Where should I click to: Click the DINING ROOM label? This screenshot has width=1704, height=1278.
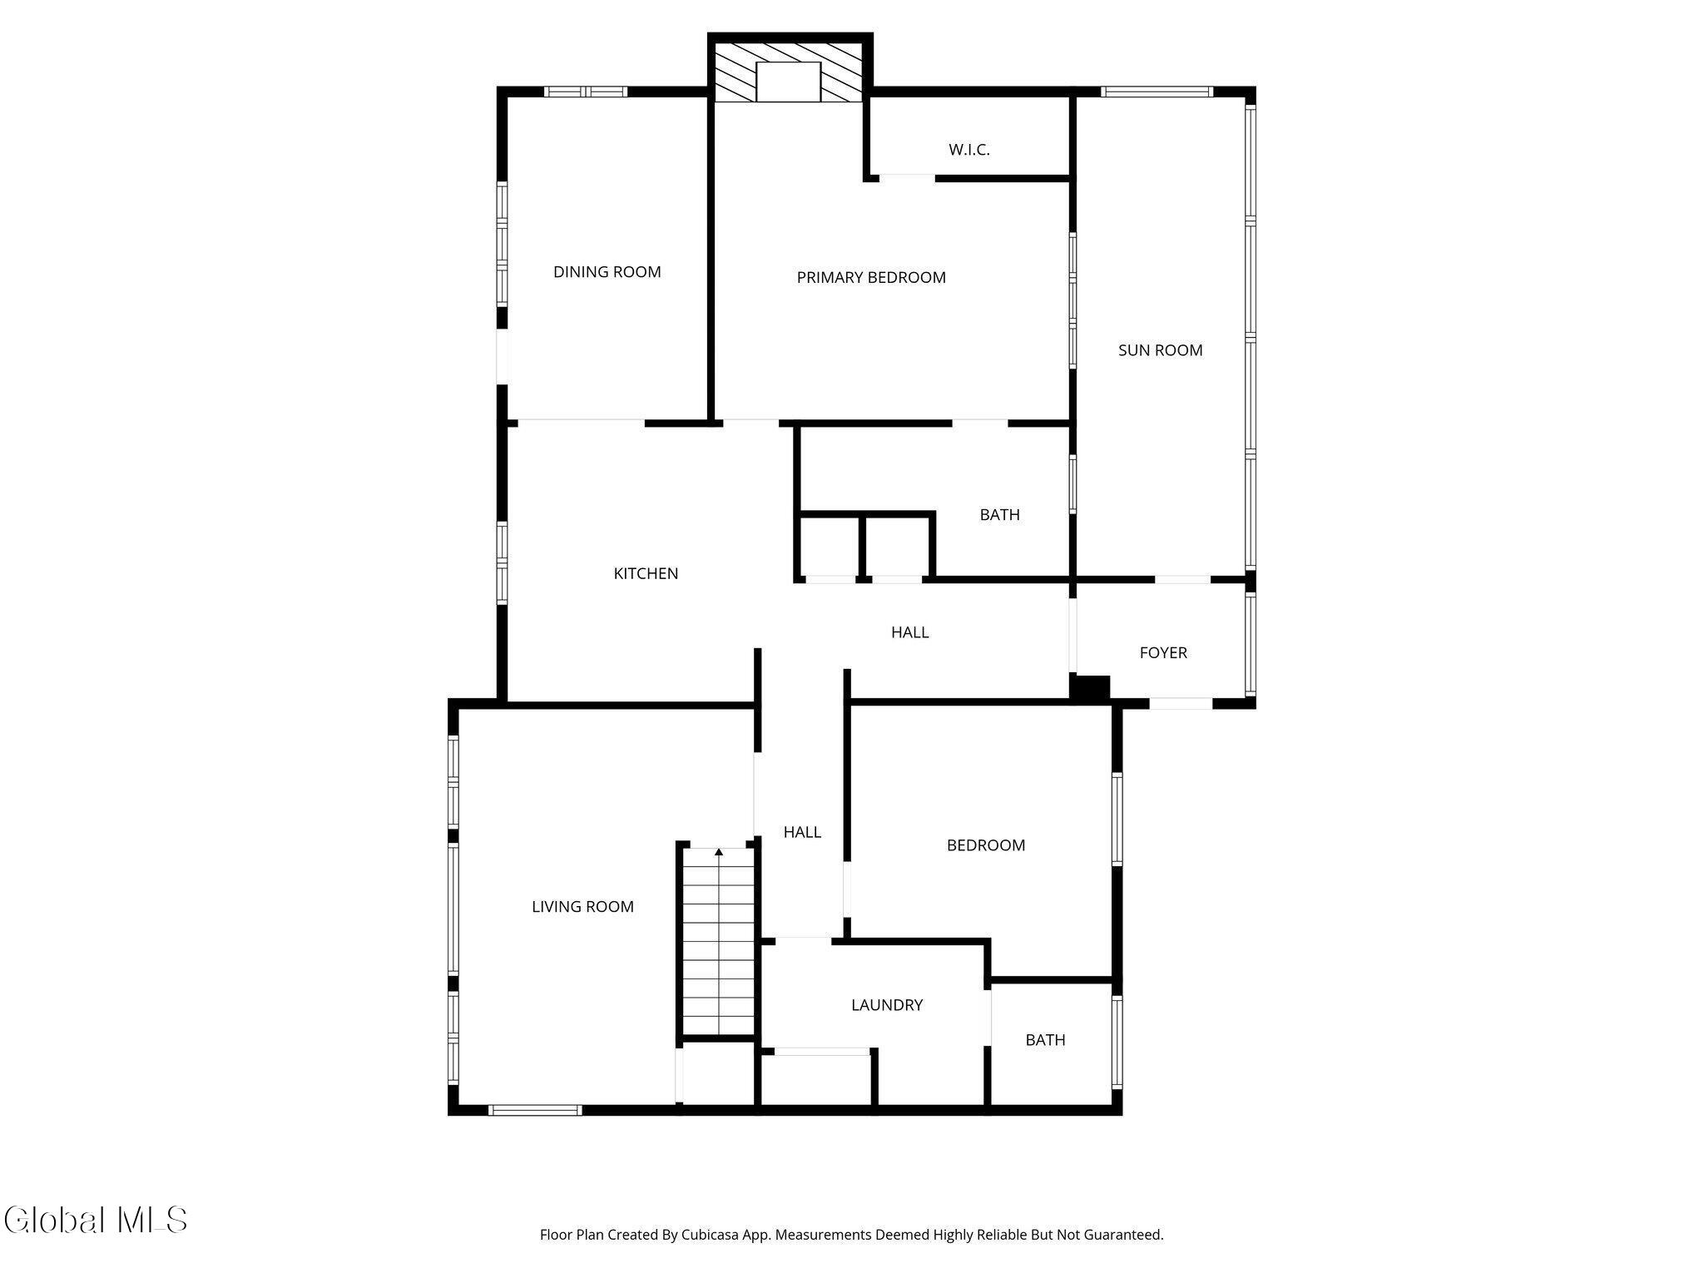point(607,272)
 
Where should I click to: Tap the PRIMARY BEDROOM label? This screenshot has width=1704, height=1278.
point(871,278)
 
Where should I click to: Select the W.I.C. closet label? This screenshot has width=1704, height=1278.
point(969,151)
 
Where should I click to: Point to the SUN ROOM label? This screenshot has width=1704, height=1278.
point(1160,350)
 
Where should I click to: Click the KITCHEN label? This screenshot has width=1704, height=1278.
point(646,573)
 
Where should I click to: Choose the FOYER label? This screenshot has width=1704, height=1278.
point(1163,653)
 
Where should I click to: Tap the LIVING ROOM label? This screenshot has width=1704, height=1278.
point(582,907)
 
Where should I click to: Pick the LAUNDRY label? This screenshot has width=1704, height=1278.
point(887,1005)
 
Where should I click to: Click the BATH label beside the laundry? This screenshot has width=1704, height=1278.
point(1045,1040)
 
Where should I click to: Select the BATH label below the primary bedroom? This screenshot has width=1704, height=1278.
point(999,515)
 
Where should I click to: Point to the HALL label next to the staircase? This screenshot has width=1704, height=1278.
point(802,832)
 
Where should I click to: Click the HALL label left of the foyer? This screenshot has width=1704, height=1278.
point(909,632)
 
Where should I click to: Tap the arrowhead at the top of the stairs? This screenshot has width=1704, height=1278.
point(719,852)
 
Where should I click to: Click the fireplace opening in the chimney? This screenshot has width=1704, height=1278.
point(788,82)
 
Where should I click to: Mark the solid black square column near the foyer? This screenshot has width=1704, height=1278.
point(1090,689)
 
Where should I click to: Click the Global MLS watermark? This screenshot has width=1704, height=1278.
point(96,1220)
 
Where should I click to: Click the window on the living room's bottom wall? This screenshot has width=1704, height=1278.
point(535,1110)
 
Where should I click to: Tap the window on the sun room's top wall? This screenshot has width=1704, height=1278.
point(1157,92)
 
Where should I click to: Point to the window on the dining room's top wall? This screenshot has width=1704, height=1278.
point(586,92)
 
